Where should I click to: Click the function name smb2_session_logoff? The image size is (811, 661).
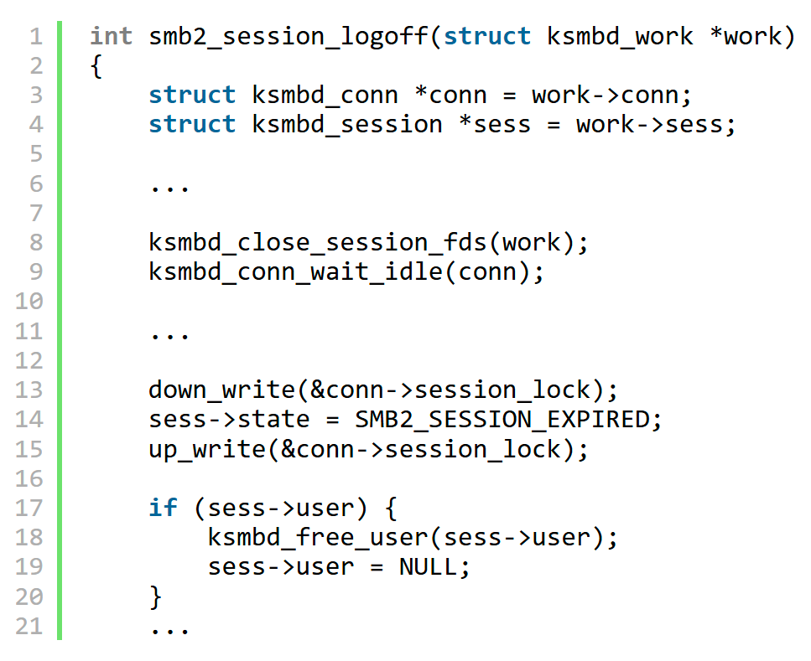(x=289, y=37)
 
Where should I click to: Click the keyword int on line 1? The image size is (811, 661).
(x=112, y=36)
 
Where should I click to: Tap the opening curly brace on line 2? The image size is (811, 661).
(x=96, y=66)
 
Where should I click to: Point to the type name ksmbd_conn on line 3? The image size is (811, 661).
(x=325, y=96)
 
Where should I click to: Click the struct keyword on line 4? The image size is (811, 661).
(x=192, y=125)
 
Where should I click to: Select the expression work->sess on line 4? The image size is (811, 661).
(x=650, y=125)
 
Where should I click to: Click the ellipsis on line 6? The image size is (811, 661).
(x=169, y=188)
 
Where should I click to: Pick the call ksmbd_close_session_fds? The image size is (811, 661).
(x=318, y=242)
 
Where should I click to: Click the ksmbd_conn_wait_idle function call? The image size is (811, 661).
(x=295, y=271)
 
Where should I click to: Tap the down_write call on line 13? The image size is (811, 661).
(x=222, y=390)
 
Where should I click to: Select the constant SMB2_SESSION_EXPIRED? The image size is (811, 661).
(x=502, y=419)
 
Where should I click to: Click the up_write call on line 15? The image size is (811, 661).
(x=207, y=449)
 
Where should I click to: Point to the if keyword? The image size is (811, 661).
(x=163, y=508)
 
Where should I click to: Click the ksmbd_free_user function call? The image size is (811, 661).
(x=318, y=538)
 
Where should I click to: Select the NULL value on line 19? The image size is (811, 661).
(x=428, y=567)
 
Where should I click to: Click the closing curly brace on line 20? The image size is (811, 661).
(x=155, y=597)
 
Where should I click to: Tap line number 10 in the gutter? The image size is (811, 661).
(x=29, y=302)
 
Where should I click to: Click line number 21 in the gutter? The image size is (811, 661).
(x=29, y=626)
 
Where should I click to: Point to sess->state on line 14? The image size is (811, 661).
(x=229, y=419)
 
